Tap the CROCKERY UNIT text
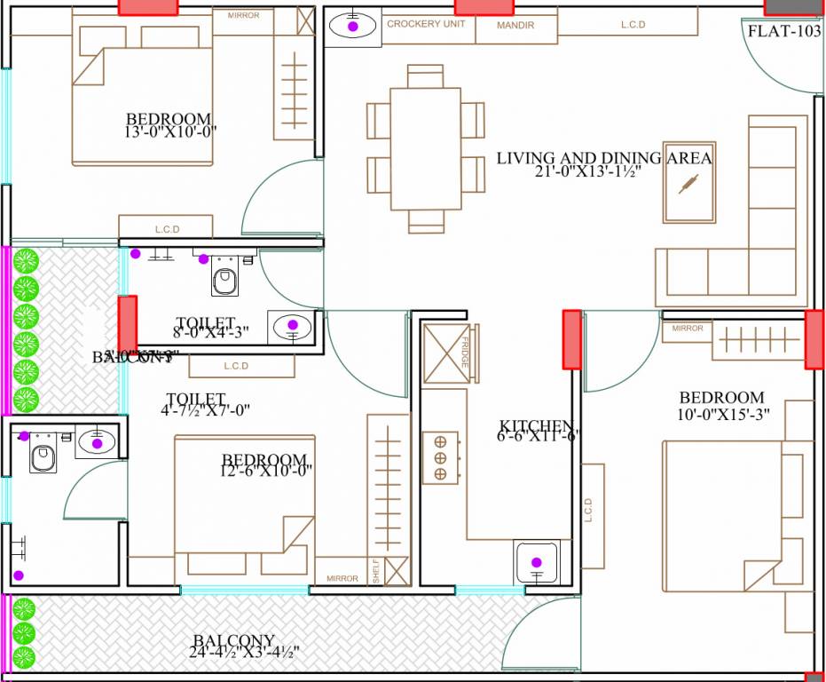[426, 25]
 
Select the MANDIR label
[515, 26]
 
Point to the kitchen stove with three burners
[439, 458]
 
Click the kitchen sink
[537, 561]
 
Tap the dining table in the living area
[426, 147]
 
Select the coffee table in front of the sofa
[689, 182]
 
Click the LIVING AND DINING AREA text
[603, 158]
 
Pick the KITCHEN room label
[538, 425]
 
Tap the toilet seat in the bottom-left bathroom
[41, 457]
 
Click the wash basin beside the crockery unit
[353, 27]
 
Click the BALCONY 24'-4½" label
[234, 641]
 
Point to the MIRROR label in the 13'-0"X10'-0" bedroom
[243, 16]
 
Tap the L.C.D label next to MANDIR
[633, 25]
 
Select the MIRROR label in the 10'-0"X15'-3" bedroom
[688, 329]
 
